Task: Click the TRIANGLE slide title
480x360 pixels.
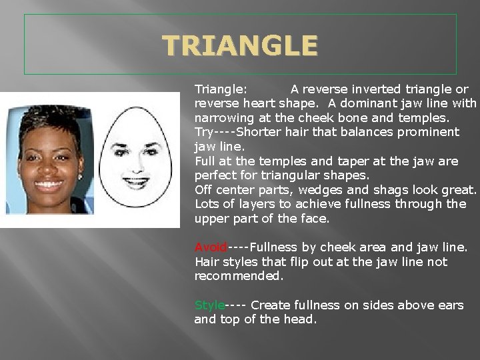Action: click(240, 45)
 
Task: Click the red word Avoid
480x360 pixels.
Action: click(211, 248)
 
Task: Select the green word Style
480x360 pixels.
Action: click(209, 305)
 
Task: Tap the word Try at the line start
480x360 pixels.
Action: click(204, 132)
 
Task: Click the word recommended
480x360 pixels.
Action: click(237, 276)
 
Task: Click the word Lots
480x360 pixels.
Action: click(206, 204)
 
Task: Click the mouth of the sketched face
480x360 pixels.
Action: click(135, 179)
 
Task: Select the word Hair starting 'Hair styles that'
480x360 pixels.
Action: click(205, 262)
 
